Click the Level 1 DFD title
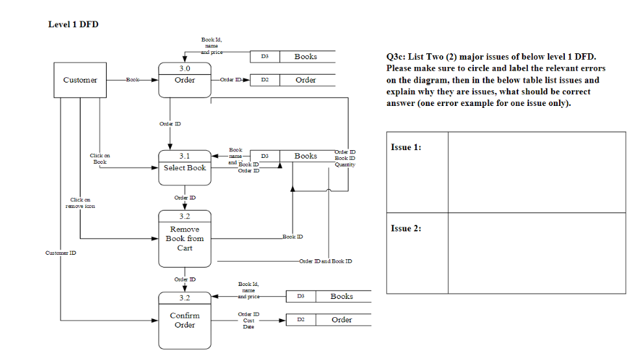[x=73, y=24]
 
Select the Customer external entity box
[x=80, y=80]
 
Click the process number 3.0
[x=185, y=68]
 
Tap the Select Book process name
[x=185, y=168]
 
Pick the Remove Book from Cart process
[x=185, y=238]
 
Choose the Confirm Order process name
[x=185, y=320]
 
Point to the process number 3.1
[x=185, y=156]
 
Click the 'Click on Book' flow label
[x=99, y=159]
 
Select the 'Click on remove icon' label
[x=80, y=203]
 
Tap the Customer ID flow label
[x=60, y=253]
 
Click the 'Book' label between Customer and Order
[x=133, y=80]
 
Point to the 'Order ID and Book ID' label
[x=326, y=261]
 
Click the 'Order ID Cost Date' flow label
[x=248, y=320]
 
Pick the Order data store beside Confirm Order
[x=342, y=320]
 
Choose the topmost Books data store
[x=305, y=57]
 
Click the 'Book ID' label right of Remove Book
[x=292, y=237]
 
